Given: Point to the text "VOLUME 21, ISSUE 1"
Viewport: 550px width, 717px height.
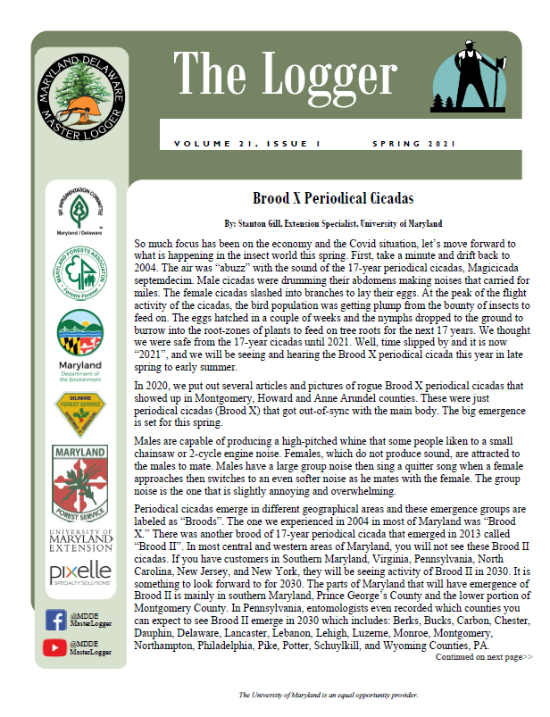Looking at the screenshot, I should tap(246, 144).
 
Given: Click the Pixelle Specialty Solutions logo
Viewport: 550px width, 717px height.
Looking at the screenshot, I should tap(79, 571).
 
